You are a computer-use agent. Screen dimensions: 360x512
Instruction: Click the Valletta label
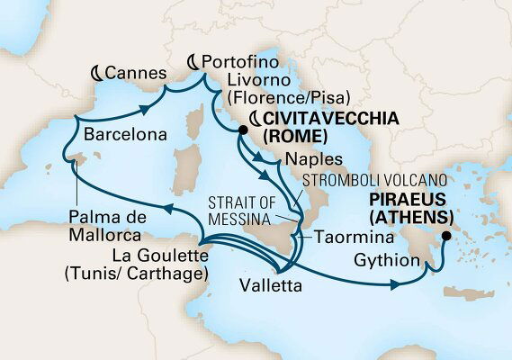tap(268, 286)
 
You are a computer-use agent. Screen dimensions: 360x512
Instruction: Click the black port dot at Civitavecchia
tap(242, 131)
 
